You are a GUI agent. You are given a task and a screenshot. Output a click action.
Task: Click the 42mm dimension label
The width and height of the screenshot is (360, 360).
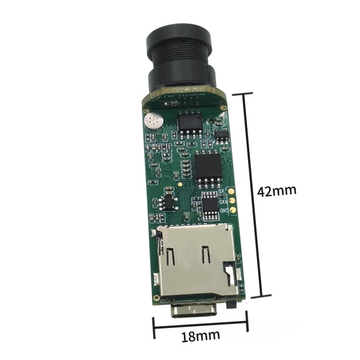tap(277, 191)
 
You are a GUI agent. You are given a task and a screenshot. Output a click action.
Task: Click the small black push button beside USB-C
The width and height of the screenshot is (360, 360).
tap(234, 304)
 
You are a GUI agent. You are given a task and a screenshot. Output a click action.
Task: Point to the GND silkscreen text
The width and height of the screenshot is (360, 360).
tap(224, 210)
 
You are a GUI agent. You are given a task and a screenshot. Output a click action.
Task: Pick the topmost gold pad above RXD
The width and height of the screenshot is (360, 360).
tap(232, 191)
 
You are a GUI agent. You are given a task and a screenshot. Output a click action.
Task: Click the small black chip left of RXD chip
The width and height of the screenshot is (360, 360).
tap(166, 202)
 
